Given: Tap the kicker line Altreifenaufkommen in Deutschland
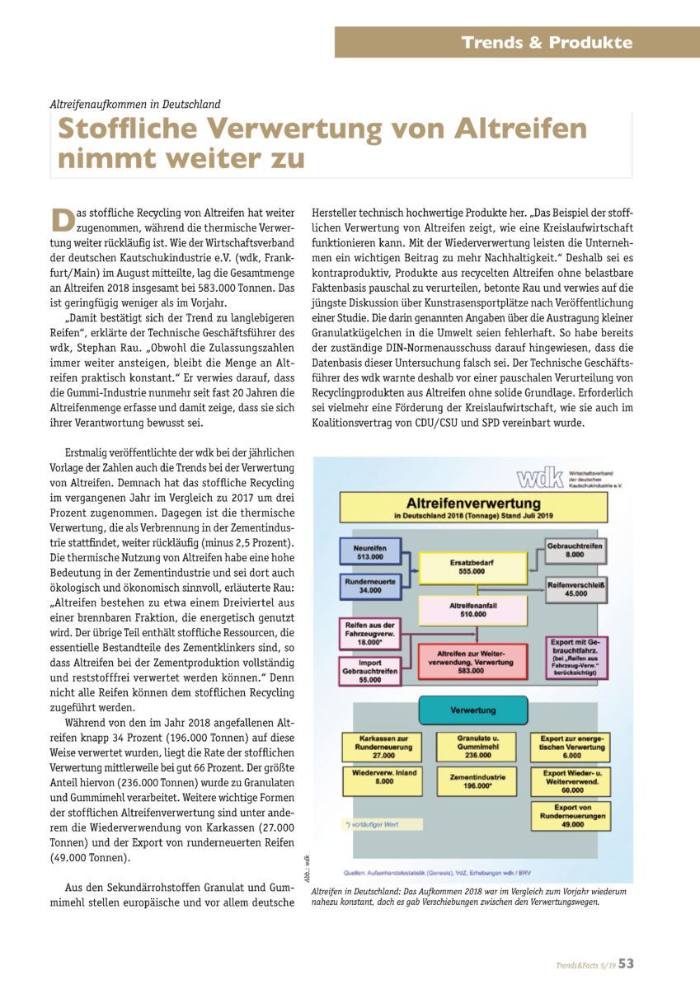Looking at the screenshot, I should coord(135,105).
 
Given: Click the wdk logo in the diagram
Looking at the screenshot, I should coord(540,478).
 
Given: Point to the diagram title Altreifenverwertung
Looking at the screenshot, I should coord(472,503).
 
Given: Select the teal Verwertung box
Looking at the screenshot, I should coord(472,710).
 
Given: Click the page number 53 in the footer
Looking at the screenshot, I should coord(626,963).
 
